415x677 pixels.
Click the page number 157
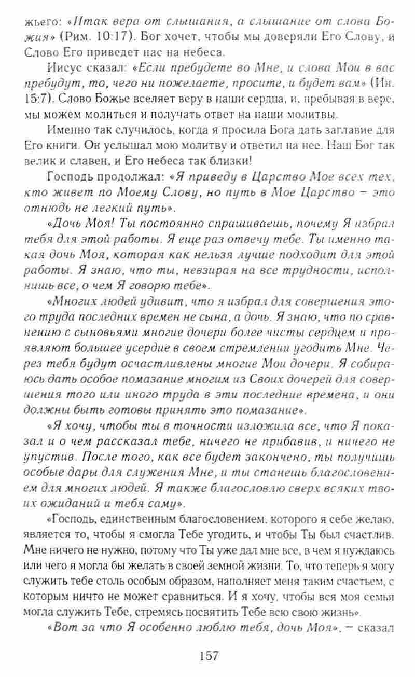tap(208, 655)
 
